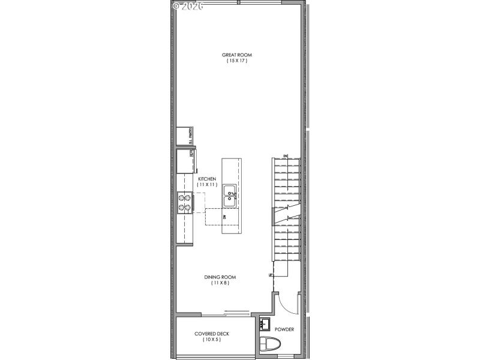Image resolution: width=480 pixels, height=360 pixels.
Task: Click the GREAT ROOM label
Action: (x=236, y=55)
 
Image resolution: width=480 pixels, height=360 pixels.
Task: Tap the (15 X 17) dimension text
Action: (x=236, y=61)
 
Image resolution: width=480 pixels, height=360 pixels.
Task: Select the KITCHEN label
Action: (x=207, y=179)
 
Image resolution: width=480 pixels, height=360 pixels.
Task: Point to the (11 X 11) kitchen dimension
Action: (x=207, y=185)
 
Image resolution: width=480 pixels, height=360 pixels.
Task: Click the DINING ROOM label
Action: (x=220, y=277)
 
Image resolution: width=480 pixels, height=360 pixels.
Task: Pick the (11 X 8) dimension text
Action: (x=220, y=283)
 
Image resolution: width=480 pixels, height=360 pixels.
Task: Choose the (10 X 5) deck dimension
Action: (x=212, y=340)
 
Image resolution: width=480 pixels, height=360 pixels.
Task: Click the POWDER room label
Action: (x=284, y=329)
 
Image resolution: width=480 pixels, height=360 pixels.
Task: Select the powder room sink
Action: (x=266, y=325)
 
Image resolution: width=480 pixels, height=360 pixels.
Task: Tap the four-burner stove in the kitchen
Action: (x=184, y=203)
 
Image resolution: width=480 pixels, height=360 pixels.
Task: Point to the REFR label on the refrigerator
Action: (x=191, y=153)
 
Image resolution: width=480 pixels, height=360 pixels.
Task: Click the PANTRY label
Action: (x=191, y=136)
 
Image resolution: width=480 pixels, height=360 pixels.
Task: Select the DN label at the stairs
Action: (x=286, y=157)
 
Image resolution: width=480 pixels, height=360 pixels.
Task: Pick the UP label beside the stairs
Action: (x=271, y=275)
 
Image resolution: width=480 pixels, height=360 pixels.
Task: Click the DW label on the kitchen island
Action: (x=224, y=216)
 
